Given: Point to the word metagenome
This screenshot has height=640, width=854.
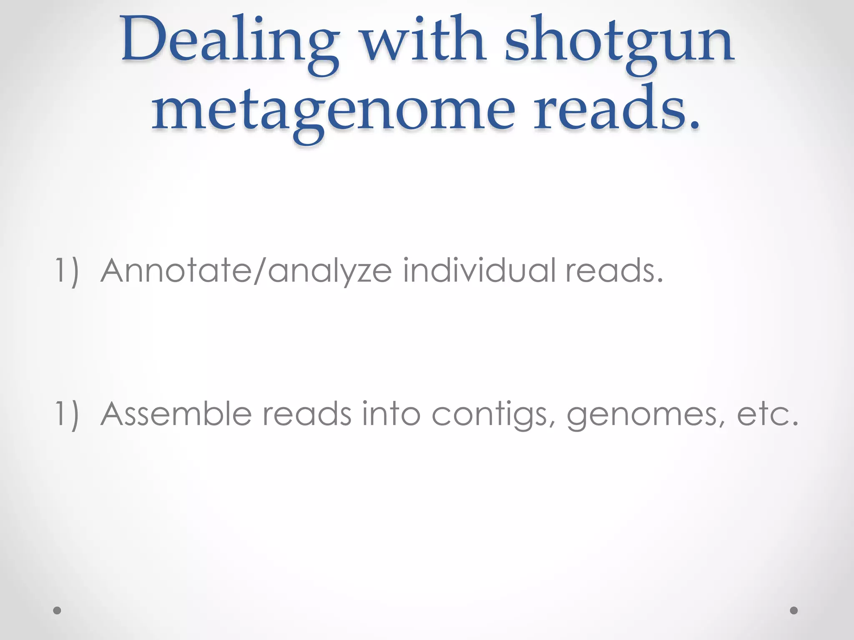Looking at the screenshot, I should (x=333, y=110).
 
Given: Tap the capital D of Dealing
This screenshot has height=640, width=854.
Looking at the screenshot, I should (x=144, y=40).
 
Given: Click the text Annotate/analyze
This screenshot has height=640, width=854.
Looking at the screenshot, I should (x=246, y=271).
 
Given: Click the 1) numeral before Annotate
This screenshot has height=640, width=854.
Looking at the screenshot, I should (x=67, y=272).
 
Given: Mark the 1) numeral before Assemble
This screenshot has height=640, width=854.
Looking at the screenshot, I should (x=67, y=414).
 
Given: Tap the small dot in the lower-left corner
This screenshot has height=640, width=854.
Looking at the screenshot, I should (x=57, y=610).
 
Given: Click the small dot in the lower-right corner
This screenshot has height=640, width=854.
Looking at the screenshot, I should (x=794, y=610).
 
